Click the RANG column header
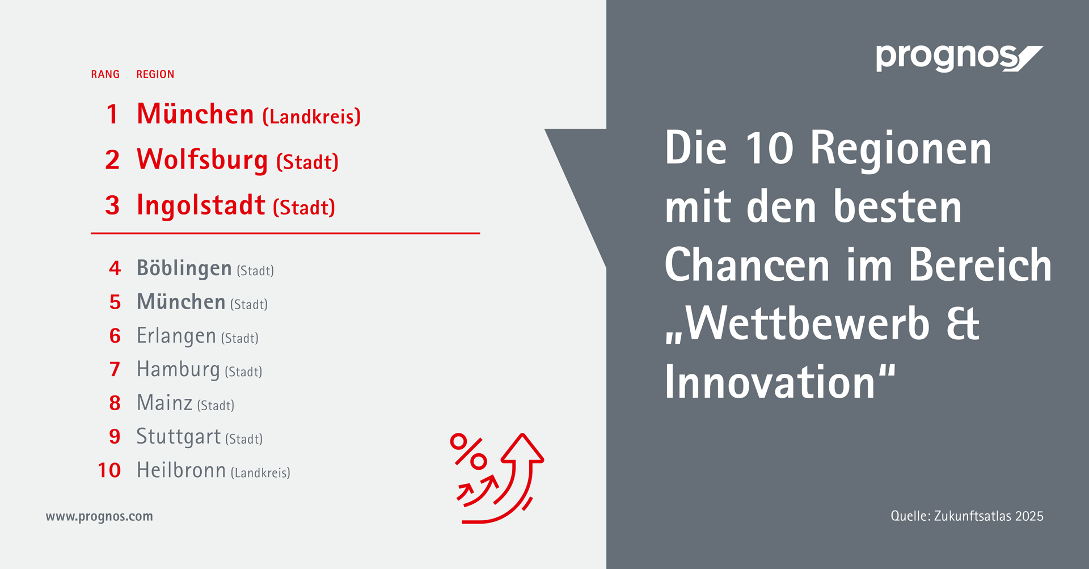point(105,74)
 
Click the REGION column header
point(155,74)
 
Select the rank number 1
point(112,114)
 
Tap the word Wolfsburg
point(202,160)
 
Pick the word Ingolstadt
point(201,205)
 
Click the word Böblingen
point(184,268)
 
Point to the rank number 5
point(115,302)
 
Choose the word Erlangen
point(176,336)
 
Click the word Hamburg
point(178,370)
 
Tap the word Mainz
point(164,403)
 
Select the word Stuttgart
point(179,437)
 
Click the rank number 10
point(109,470)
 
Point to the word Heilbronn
point(181,470)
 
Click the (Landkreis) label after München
point(311,117)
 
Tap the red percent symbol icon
point(468,452)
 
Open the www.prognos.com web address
point(99,517)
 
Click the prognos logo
point(959,58)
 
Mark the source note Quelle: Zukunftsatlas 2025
point(967,516)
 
